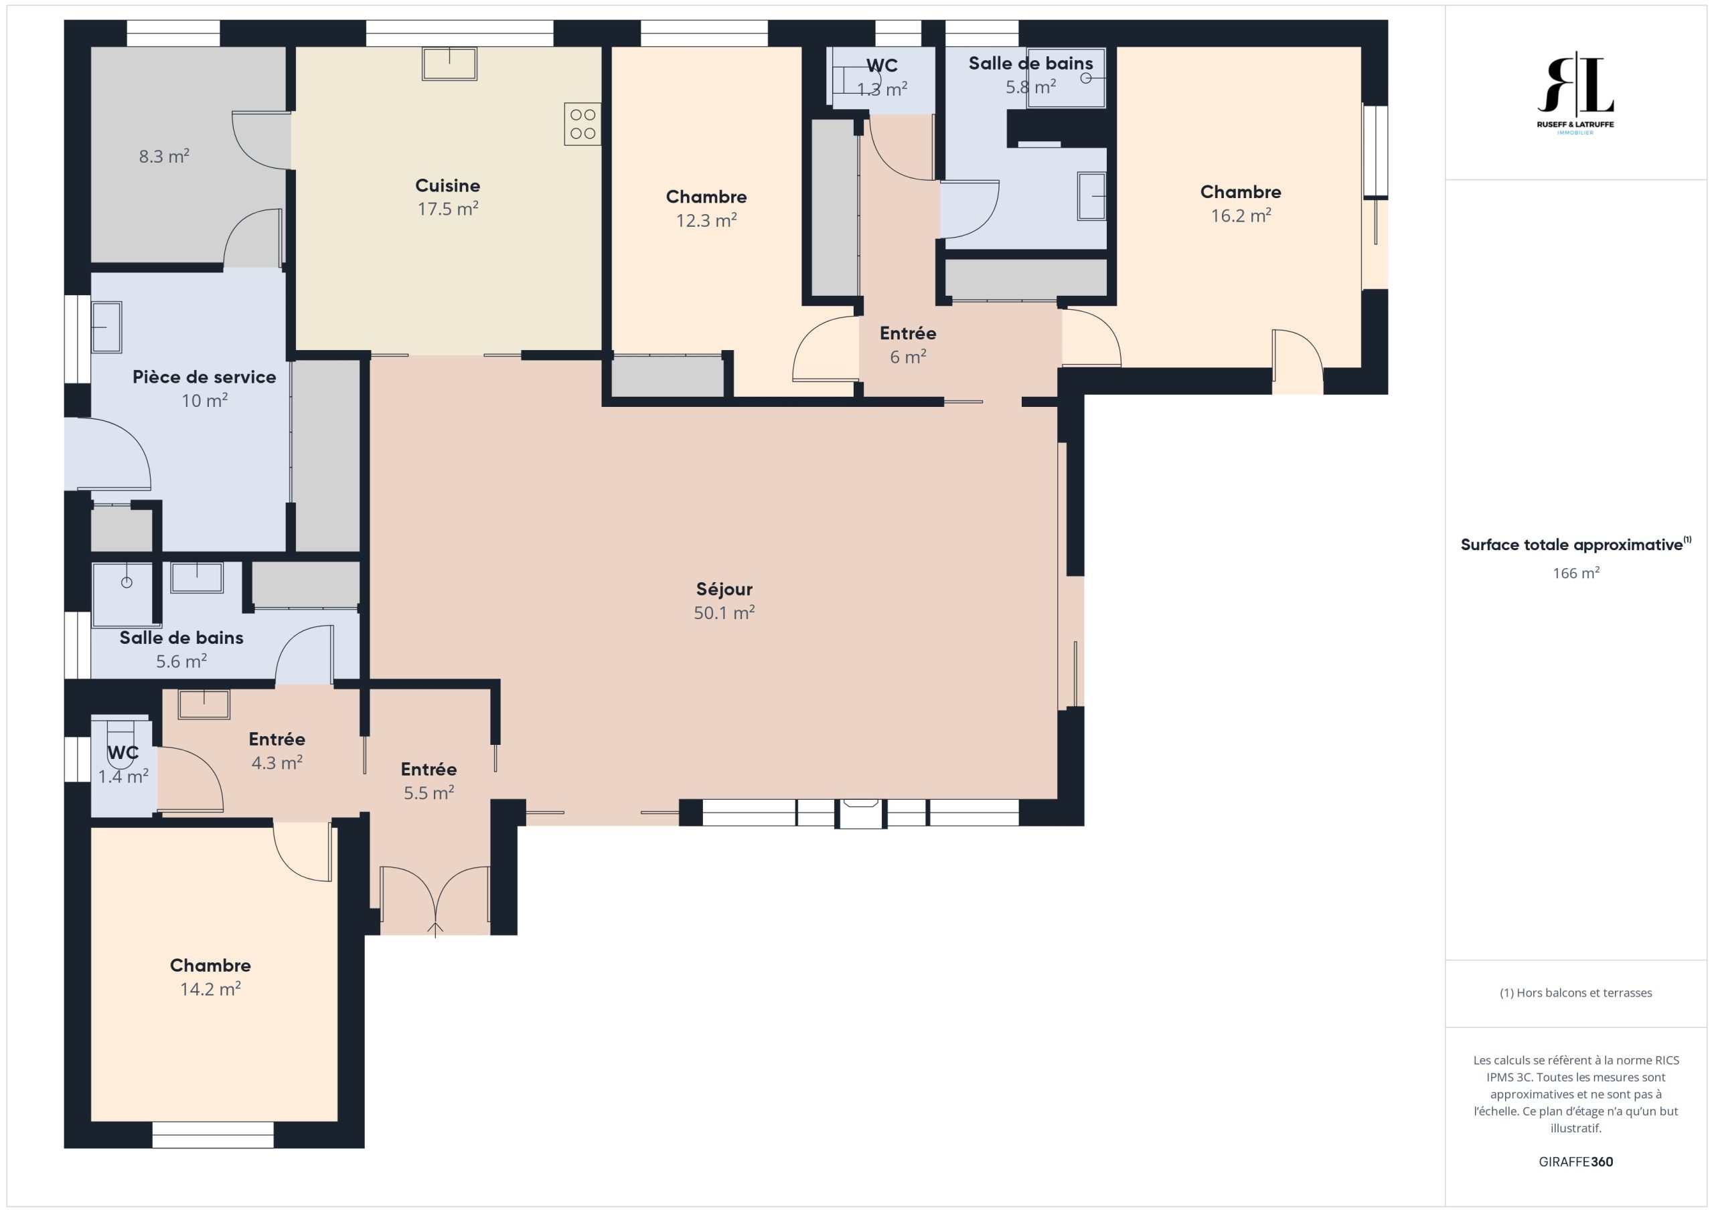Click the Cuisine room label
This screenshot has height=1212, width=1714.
(447, 185)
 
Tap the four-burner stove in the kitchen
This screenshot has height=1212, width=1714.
(582, 124)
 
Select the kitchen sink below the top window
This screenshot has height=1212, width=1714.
(449, 64)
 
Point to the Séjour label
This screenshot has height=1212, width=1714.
(724, 589)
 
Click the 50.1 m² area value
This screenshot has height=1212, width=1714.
(724, 613)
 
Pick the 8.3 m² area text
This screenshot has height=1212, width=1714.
(164, 156)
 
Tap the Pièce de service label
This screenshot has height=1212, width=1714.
(205, 377)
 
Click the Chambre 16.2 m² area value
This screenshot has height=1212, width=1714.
(1241, 215)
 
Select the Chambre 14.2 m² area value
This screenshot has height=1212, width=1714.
(210, 989)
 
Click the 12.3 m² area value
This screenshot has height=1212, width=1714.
(706, 221)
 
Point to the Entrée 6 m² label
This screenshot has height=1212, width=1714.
(908, 333)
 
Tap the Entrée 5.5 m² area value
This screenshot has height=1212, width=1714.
(428, 792)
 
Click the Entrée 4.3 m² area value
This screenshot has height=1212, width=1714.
(277, 763)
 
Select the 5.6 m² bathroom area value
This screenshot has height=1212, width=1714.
(181, 661)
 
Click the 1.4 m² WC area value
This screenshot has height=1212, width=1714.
(123, 776)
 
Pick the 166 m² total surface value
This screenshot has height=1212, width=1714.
(1575, 573)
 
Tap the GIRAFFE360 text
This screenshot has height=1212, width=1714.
(1575, 1161)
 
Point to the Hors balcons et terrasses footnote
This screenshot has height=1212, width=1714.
(1575, 992)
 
